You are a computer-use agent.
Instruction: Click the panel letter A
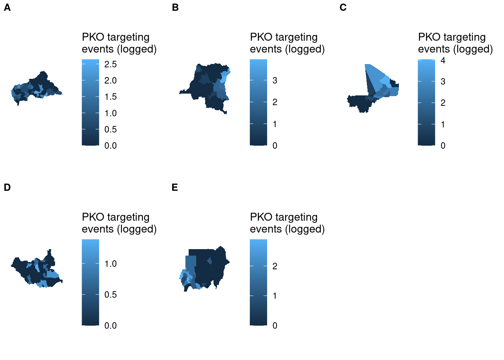7,8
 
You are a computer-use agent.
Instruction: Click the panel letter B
175,8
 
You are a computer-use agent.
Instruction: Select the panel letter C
343,8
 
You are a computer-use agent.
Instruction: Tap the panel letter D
7,188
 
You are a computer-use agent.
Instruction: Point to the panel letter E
175,188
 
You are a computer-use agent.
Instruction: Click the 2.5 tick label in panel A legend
111,64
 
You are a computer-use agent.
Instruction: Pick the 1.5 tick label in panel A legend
111,97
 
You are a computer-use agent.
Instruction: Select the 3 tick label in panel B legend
275,81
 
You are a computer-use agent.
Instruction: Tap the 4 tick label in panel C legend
443,60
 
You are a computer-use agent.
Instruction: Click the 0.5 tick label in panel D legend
111,295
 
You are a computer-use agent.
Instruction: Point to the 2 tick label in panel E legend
275,266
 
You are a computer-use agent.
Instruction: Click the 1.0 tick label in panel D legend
111,264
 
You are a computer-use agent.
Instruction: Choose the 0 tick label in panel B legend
275,146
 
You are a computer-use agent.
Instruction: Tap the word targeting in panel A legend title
128,37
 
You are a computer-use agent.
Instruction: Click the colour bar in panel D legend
90,283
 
